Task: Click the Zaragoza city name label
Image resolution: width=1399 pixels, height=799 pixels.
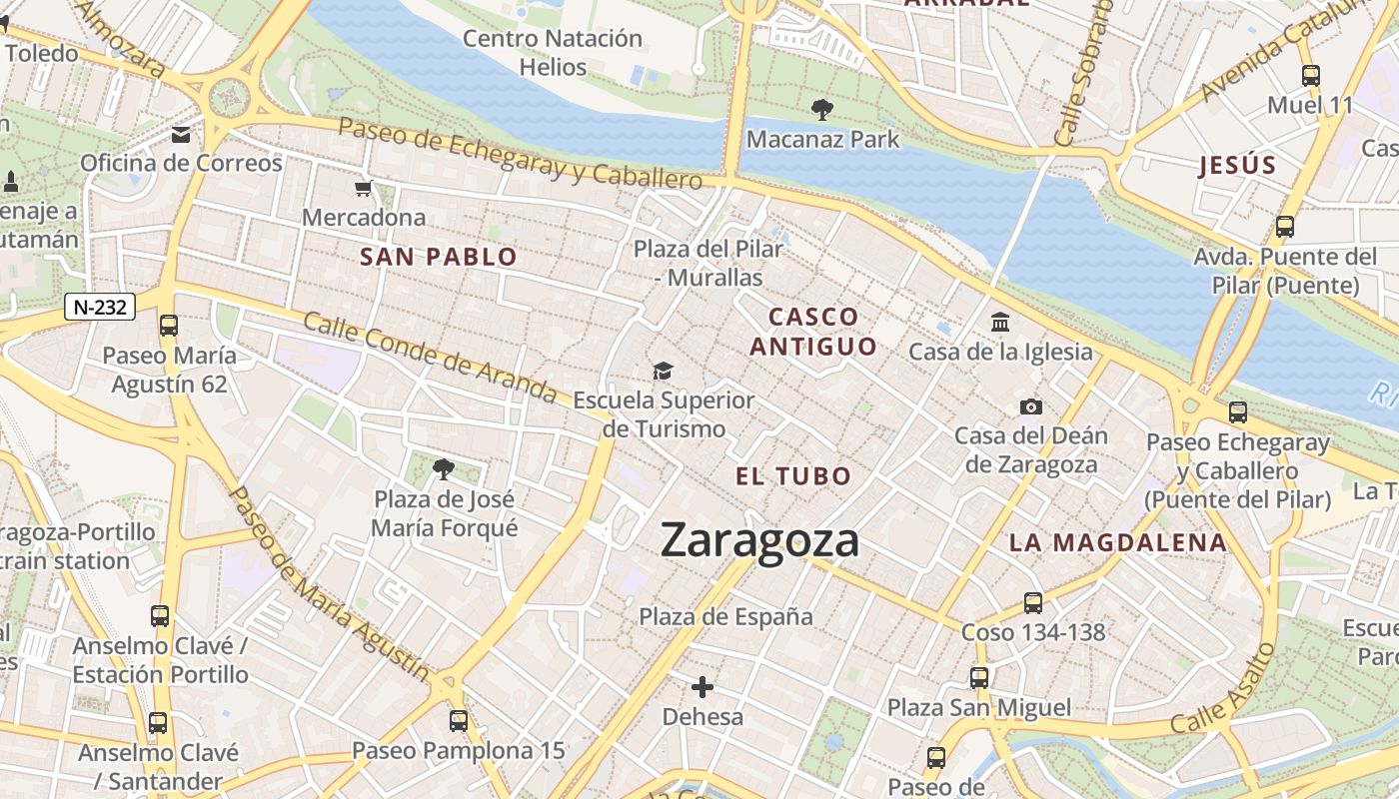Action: pos(759,540)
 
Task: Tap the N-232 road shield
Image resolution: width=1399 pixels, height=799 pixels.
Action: pos(100,307)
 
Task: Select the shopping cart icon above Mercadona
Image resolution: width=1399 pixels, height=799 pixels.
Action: pos(363,188)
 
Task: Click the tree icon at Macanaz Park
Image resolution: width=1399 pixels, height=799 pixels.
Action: pos(822,108)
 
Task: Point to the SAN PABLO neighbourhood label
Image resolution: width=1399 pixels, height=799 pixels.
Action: pos(439,257)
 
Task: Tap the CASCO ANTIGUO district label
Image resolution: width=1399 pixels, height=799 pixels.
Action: pos(813,332)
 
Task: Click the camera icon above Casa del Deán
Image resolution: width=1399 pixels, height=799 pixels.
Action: pos(1030,406)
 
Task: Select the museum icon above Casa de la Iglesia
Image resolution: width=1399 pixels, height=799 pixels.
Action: pos(999,322)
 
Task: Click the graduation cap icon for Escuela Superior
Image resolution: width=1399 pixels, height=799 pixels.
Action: pos(663,372)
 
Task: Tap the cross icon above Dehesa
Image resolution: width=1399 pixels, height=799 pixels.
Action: pos(702,687)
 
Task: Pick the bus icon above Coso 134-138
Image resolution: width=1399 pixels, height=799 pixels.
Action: pos(1033,602)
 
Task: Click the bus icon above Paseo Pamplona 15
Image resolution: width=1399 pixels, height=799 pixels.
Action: pos(458,720)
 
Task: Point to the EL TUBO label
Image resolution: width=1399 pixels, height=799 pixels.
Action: pos(793,476)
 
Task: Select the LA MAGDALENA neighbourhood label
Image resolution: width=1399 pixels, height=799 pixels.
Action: pos(1117,542)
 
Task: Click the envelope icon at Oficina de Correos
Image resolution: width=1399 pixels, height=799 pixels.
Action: pos(181,134)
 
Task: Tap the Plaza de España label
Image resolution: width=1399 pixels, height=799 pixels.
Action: pos(726,616)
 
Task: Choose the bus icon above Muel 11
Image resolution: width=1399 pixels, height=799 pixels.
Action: pos(1310,75)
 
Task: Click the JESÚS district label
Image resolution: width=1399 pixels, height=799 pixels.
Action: pos(1238,165)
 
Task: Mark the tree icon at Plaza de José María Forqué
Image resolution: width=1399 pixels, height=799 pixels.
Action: pos(443,467)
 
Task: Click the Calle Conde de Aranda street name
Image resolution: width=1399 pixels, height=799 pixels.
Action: pos(430,357)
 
